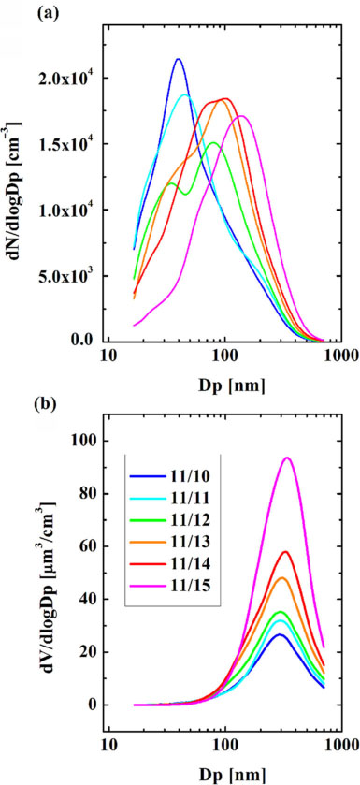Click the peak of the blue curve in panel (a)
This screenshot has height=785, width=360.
[178, 59]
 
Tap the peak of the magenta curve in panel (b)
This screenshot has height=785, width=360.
[287, 458]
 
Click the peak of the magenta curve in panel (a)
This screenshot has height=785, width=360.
[241, 116]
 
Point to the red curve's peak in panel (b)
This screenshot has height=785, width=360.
[285, 551]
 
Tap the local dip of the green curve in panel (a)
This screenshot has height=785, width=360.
[185, 194]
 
